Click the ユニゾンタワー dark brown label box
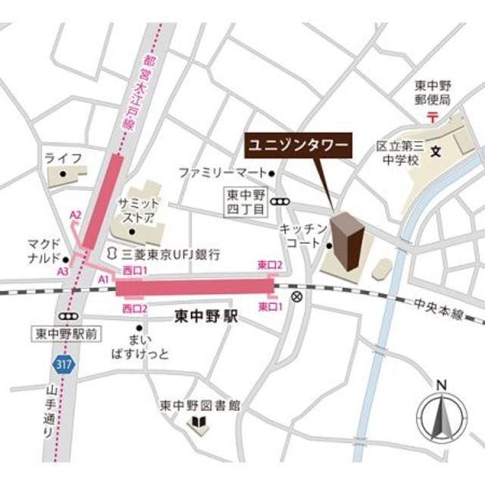tap(294, 142)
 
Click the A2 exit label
tap(75, 216)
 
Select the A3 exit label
tap(64, 271)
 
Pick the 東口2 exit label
tap(271, 264)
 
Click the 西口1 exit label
tap(134, 271)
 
